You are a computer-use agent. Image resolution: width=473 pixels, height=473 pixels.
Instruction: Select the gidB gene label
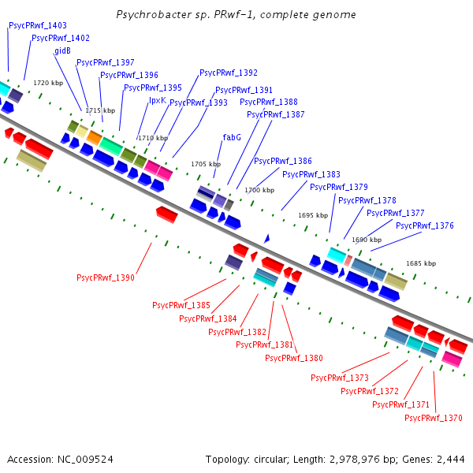63,50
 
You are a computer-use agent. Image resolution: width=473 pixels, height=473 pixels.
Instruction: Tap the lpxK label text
158,100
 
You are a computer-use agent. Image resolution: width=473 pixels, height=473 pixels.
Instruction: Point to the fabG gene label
232,137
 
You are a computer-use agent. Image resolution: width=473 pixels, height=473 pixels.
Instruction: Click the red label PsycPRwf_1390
105,277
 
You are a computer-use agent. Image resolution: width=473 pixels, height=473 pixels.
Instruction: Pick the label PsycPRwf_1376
425,225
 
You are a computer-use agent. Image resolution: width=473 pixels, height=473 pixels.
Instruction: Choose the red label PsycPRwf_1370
433,418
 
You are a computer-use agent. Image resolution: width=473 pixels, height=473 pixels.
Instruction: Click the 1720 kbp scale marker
48,83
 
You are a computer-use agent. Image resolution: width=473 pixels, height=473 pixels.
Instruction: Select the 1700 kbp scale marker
259,190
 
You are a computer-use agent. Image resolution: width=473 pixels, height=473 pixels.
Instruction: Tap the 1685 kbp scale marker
421,263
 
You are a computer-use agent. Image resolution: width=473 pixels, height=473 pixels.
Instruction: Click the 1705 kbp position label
206,164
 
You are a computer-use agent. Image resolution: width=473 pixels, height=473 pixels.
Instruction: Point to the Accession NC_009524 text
60,459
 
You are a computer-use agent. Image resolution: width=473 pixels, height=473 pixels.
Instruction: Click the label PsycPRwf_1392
229,73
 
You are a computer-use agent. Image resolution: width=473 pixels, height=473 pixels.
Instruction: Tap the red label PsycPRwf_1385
181,305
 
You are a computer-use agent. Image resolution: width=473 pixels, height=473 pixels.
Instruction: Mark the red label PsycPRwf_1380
294,358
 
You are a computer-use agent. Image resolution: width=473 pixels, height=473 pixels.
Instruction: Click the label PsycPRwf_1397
105,62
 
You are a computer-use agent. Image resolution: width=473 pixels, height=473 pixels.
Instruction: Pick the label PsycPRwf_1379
339,187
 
